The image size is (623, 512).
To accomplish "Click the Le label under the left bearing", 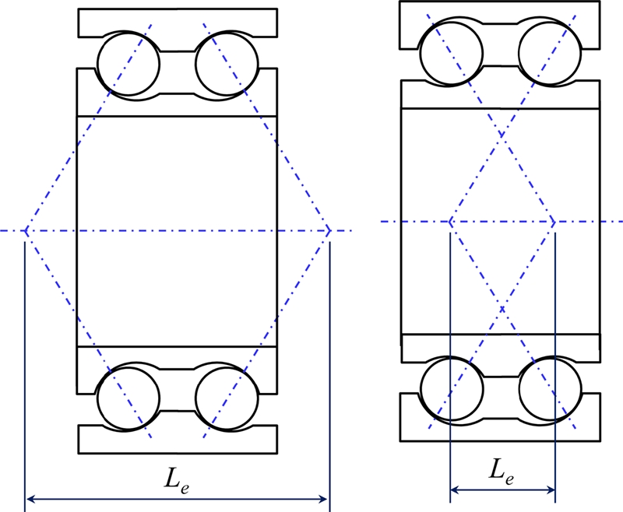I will tap(178, 482).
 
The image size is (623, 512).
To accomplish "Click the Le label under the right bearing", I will tap(502, 470).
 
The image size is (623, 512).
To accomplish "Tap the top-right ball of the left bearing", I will tap(226, 61).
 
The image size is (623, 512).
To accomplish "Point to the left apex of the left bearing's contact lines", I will tap(26, 231).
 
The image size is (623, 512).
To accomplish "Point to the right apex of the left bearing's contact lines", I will tap(329, 231).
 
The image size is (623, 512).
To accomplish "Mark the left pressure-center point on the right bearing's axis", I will tap(451, 223).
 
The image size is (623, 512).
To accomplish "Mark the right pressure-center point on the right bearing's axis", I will tap(554, 223).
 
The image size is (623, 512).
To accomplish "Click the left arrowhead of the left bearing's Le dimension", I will tap(30, 498).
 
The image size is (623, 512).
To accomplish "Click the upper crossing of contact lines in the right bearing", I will tap(502, 137).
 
